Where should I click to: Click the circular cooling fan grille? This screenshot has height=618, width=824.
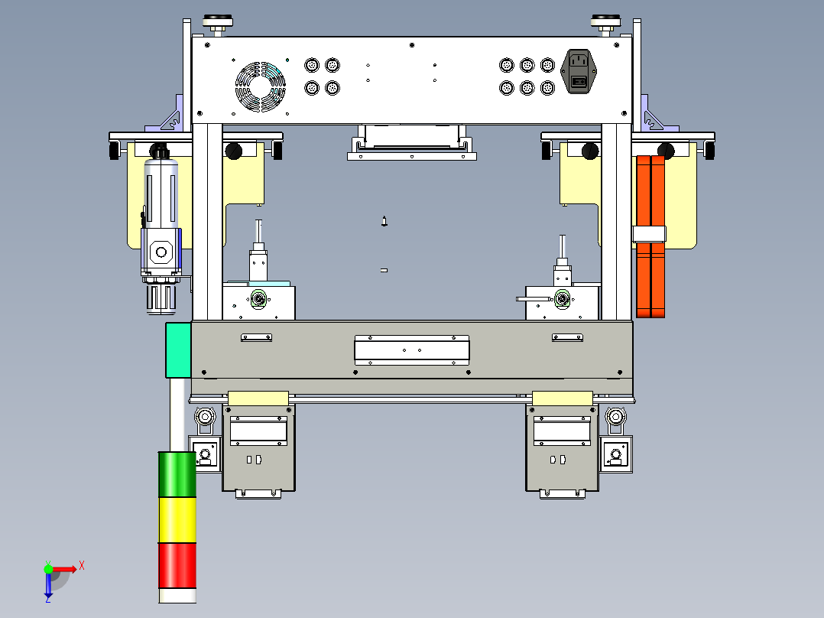click(x=260, y=86)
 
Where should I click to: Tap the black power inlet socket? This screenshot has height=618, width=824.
click(x=579, y=71)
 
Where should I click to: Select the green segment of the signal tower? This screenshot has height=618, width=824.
click(x=177, y=474)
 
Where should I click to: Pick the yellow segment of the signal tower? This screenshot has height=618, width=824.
click(x=177, y=520)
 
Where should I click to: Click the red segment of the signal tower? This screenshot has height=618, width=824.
click(x=177, y=566)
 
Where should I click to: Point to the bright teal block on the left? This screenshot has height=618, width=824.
click(x=178, y=350)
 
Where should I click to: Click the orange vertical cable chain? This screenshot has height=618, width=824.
click(x=650, y=236)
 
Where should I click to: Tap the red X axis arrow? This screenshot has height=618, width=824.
click(x=65, y=569)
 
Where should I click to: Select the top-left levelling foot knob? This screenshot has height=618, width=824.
click(x=218, y=23)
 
